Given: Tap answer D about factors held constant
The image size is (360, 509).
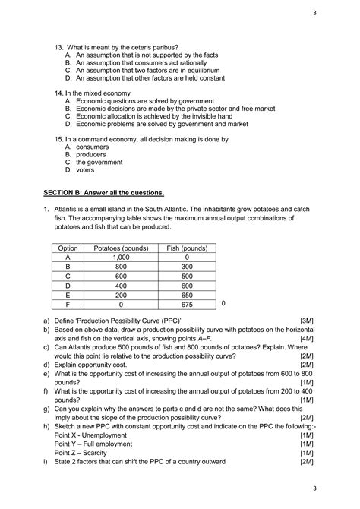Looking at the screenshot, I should pyautogui.click(x=144, y=77).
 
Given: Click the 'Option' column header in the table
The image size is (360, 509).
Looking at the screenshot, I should pyautogui.click(x=68, y=248).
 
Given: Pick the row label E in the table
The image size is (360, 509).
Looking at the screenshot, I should pyautogui.click(x=68, y=295).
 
